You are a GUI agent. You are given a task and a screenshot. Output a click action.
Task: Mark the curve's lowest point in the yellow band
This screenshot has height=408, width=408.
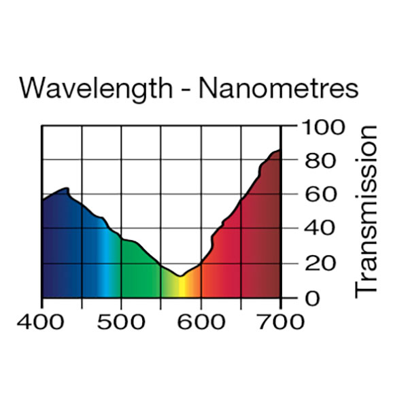[180, 276]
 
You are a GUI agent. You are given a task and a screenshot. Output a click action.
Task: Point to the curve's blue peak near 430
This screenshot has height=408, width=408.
[67, 188]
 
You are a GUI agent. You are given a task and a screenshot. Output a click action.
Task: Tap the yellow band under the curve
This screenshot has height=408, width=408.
[181, 288]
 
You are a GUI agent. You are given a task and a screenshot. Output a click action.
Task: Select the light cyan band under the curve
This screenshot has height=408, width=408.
[103, 272]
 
